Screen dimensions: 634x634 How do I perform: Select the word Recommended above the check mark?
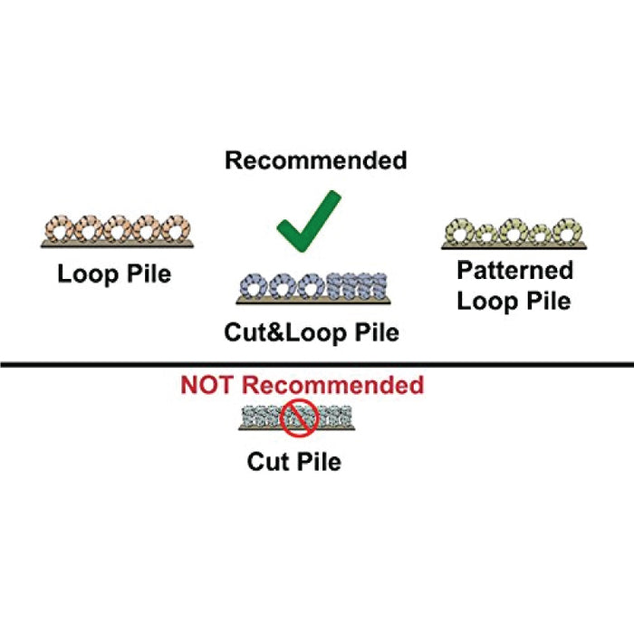(x=316, y=160)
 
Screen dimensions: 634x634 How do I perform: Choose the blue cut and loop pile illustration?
(x=312, y=287)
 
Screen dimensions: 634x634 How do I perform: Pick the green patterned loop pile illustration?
(x=514, y=234)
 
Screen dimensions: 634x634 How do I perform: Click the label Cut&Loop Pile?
(x=312, y=332)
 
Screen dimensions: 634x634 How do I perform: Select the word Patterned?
(x=514, y=270)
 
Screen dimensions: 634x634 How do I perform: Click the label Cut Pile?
(x=294, y=461)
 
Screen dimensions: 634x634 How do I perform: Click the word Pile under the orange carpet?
(x=148, y=274)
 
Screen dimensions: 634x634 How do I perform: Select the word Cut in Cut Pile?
(x=268, y=461)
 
